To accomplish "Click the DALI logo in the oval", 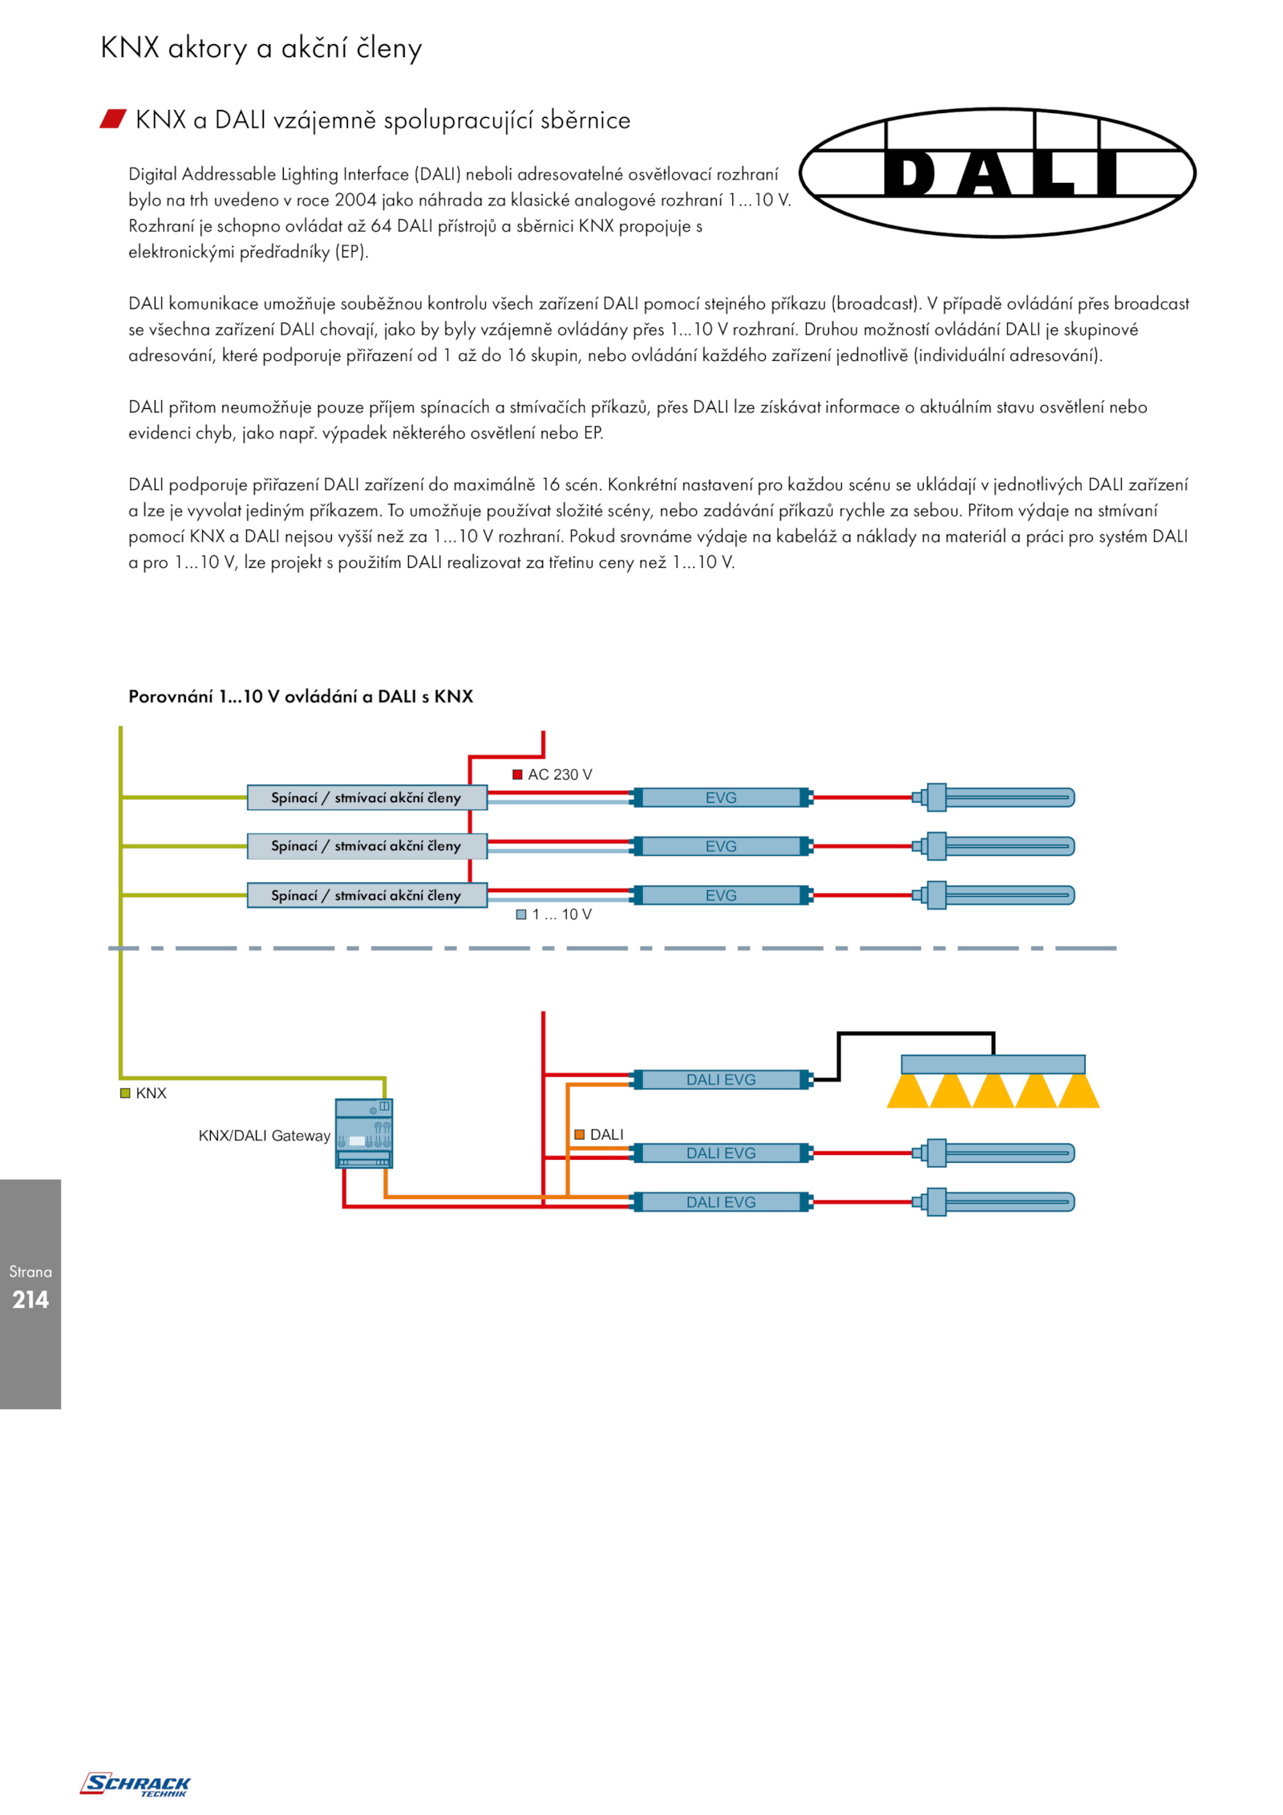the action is [998, 172].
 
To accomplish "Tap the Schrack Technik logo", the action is [135, 1784].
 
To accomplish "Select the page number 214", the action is [30, 1299].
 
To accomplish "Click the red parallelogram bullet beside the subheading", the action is [113, 119].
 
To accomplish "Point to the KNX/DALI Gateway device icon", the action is [364, 1133].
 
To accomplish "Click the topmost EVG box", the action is [722, 797].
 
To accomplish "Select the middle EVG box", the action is [722, 846].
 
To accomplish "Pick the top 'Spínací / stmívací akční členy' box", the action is [366, 797].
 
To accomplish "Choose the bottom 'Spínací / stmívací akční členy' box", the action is [366, 895].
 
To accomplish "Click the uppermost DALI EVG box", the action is [722, 1080].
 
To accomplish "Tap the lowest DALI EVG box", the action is [722, 1202].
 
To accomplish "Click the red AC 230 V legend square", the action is [517, 775].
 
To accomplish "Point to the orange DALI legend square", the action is [579, 1134].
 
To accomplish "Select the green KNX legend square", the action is [125, 1093].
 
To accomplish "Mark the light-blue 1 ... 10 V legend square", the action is [521, 914].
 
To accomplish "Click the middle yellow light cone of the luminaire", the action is [993, 1092].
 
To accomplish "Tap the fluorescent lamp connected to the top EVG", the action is [994, 797].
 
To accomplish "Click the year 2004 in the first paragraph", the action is [355, 200].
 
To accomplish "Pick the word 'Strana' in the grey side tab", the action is [30, 1271].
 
